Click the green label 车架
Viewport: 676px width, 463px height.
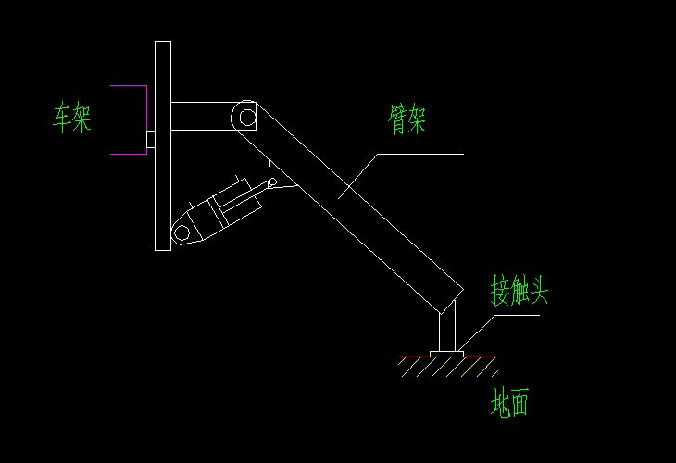71,118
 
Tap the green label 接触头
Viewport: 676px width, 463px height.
519,293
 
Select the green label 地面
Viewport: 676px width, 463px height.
510,403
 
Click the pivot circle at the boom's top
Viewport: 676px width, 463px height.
245,116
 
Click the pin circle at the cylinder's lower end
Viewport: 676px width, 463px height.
182,231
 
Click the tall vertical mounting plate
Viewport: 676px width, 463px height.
163,145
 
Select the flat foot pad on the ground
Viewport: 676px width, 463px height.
446,353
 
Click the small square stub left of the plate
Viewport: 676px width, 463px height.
150,139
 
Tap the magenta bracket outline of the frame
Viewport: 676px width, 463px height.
145,119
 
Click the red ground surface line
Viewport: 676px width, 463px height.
417,357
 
